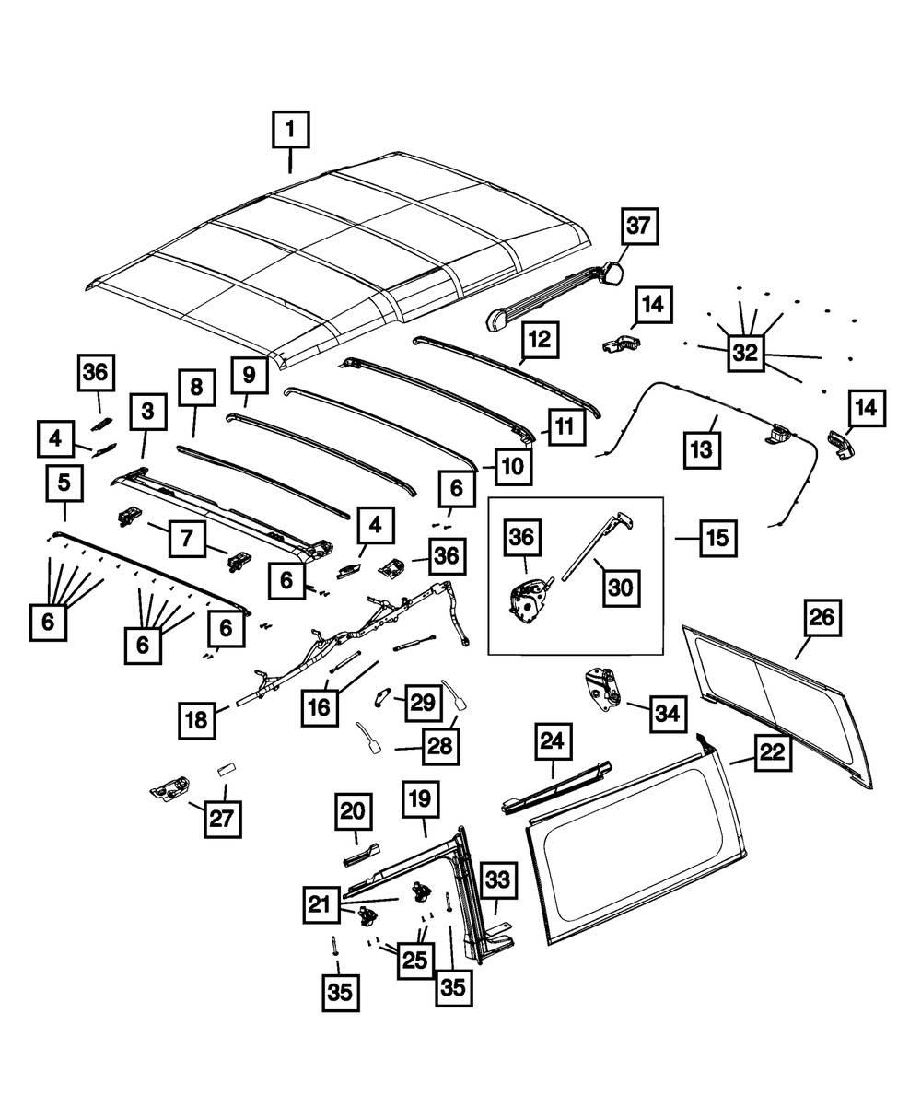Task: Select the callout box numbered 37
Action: (640, 226)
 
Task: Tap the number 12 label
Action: (540, 340)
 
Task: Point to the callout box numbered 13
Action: (704, 450)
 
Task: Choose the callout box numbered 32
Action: (747, 352)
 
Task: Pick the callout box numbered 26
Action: (822, 617)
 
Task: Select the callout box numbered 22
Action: (770, 751)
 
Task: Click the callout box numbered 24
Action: (554, 740)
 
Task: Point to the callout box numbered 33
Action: (496, 881)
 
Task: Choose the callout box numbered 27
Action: (221, 819)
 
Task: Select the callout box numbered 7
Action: (187, 538)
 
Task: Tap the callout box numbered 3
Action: (147, 413)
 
